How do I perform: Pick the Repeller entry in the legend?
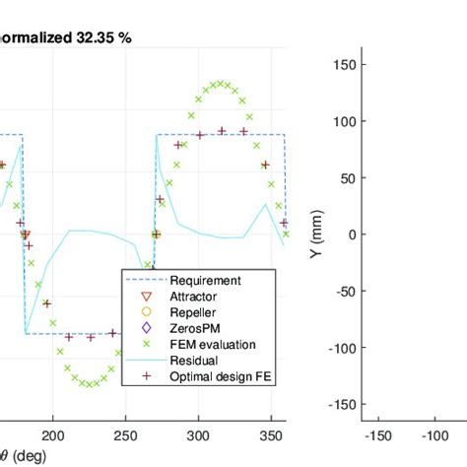[x=192, y=312]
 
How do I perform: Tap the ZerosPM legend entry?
[x=195, y=328]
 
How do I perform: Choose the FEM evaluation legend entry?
[x=211, y=344]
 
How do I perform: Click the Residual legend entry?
[x=193, y=360]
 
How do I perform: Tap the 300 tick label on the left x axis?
[x=199, y=434]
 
